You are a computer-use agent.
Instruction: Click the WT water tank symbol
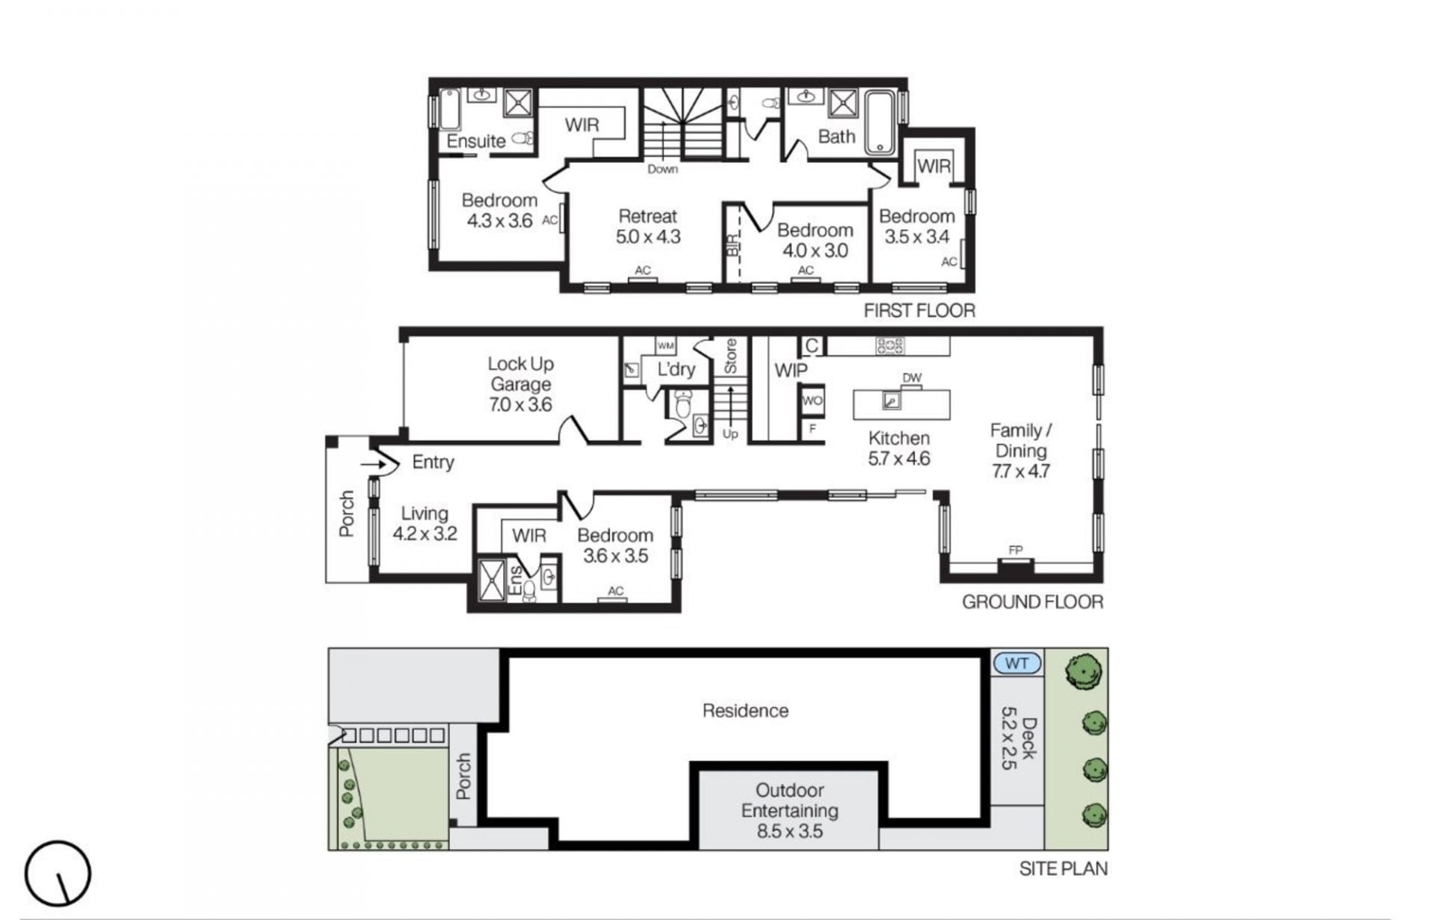click(x=1017, y=663)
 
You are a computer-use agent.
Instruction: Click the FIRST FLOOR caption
click(x=919, y=311)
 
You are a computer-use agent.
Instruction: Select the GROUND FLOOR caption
click(x=1032, y=602)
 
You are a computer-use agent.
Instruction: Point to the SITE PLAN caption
click(x=1064, y=868)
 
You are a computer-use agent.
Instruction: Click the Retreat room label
click(x=648, y=226)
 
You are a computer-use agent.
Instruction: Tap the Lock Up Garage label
click(x=520, y=384)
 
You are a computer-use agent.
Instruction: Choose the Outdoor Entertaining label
click(x=790, y=811)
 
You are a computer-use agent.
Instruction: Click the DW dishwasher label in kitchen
click(x=912, y=378)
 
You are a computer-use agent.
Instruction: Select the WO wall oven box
click(x=812, y=401)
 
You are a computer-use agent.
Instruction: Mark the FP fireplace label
click(x=1015, y=550)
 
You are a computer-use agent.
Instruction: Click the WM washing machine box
click(x=665, y=345)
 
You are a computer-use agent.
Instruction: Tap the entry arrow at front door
click(x=373, y=465)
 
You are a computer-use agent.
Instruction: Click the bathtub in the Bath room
click(x=880, y=123)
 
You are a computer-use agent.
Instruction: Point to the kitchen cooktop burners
click(x=889, y=346)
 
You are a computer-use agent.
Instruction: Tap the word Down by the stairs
click(x=663, y=170)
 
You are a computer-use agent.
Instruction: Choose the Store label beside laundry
click(x=730, y=356)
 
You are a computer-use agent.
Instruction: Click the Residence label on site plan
click(x=745, y=710)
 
